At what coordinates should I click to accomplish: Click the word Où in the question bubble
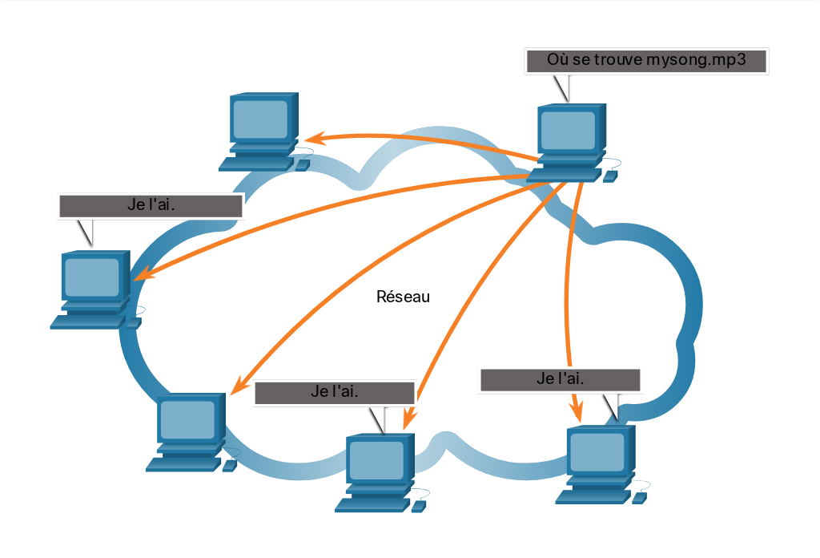(558, 59)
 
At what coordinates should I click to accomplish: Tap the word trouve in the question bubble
(618, 59)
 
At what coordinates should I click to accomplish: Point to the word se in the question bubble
(581, 60)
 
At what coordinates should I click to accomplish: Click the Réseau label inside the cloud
(404, 297)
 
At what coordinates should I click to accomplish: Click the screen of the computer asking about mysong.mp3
(568, 131)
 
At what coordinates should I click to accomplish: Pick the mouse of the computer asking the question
(610, 176)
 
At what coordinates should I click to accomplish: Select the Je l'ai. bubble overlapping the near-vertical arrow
(560, 380)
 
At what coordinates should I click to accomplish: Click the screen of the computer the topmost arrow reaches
(260, 120)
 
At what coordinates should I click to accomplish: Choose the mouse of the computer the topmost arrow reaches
(302, 165)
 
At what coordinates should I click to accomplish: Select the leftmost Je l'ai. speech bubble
(151, 206)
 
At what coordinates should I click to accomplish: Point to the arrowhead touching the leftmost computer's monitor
(143, 273)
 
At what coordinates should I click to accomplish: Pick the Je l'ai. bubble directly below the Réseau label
(335, 393)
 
